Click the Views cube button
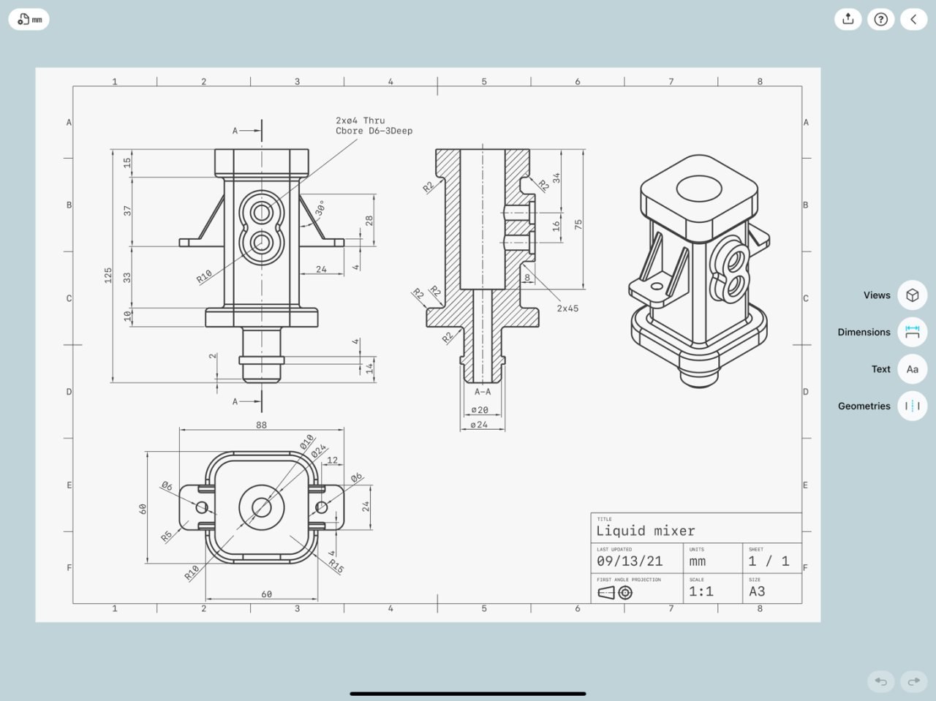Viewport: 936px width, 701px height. [x=912, y=295]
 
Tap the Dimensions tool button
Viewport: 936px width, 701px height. [x=912, y=332]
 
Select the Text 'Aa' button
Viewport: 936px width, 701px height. [x=912, y=369]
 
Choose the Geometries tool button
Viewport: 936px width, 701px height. [x=912, y=406]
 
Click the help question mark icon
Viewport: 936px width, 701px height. [x=880, y=19]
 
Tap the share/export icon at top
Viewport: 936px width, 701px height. [x=848, y=19]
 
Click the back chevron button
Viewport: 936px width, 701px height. [x=913, y=19]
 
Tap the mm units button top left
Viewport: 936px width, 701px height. [x=29, y=20]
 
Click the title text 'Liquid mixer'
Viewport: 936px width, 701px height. [x=645, y=531]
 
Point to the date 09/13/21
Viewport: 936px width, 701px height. [x=630, y=561]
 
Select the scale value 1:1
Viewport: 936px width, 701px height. [x=701, y=591]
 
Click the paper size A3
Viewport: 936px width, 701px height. [x=757, y=591]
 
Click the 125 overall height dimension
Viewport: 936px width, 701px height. [x=108, y=275]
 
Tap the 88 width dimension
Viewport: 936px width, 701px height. [x=261, y=425]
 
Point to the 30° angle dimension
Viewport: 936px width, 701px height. [x=320, y=208]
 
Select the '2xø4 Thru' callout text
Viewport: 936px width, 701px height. [x=360, y=121]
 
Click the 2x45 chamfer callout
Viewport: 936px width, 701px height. [x=567, y=308]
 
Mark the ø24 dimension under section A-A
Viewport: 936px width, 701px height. [x=479, y=425]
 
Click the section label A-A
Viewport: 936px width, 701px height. [x=483, y=392]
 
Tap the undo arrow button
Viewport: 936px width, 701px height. [x=880, y=681]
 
